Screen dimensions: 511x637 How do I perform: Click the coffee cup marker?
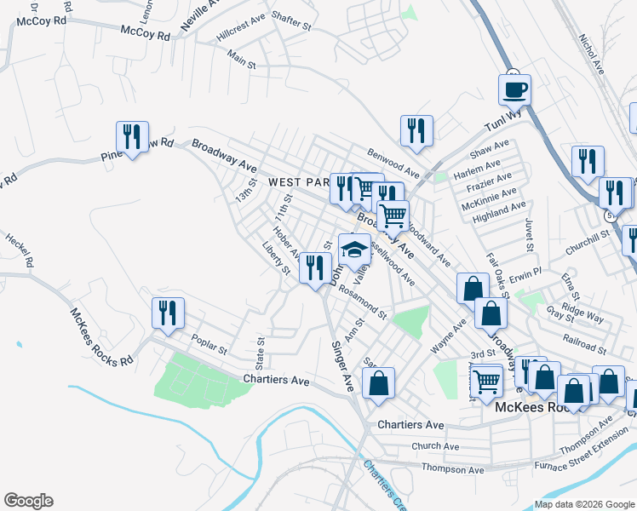pos(514,89)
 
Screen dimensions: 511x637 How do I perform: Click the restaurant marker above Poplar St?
pos(168,313)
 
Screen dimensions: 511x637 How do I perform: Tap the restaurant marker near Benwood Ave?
pos(416,130)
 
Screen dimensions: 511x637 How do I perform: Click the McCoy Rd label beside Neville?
pos(146,32)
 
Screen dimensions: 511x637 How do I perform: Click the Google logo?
pos(28,501)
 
